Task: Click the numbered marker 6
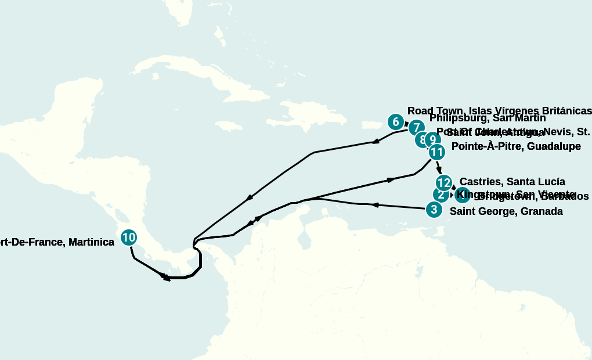tap(395, 122)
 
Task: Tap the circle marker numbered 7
tap(416, 128)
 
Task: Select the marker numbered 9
tap(432, 140)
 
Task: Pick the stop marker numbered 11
tap(436, 153)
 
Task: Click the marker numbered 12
tap(443, 183)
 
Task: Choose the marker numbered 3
tap(434, 210)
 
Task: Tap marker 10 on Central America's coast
tap(129, 237)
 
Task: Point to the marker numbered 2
tap(440, 195)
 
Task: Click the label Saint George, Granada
tap(506, 211)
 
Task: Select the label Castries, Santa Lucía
tap(512, 182)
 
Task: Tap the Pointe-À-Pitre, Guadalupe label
tap(516, 146)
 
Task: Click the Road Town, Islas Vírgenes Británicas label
tap(499, 111)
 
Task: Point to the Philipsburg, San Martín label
tap(488, 118)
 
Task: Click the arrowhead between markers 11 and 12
tap(439, 169)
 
